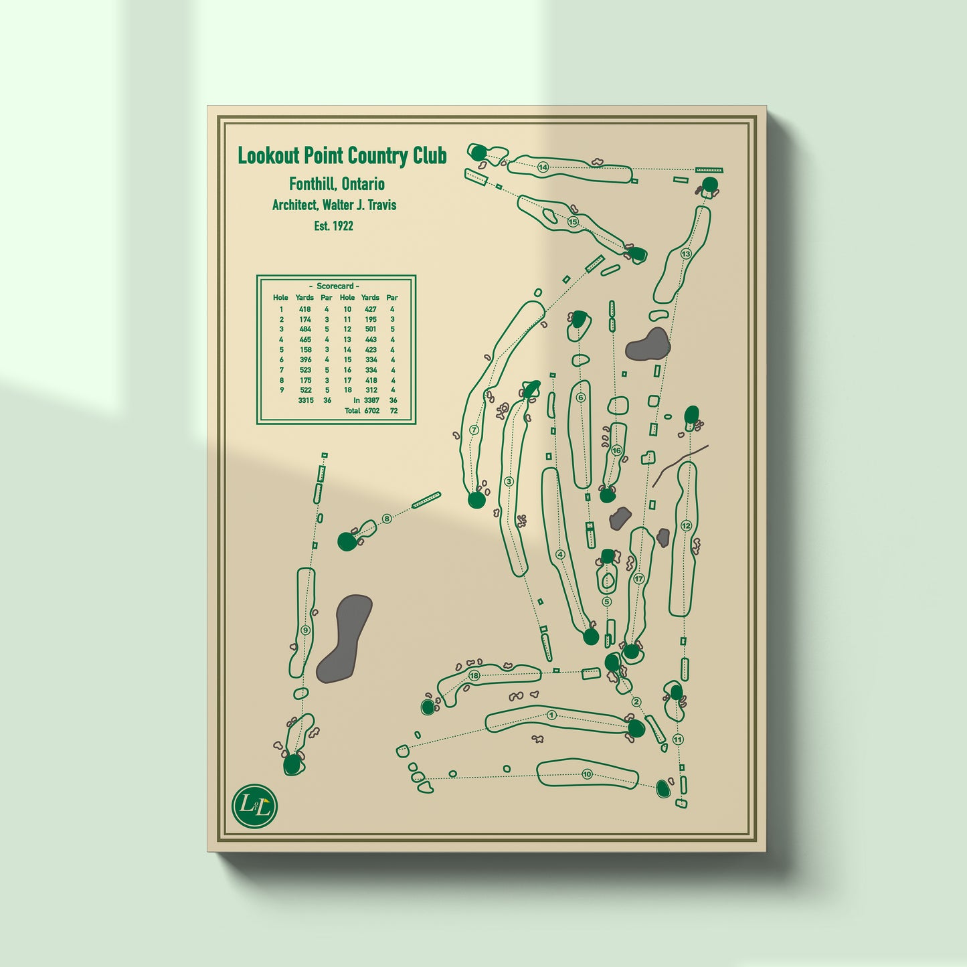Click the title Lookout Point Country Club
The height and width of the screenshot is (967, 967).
pos(342,156)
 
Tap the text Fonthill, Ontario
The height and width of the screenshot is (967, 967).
pos(337,184)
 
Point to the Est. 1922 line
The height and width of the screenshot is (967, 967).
pos(334,226)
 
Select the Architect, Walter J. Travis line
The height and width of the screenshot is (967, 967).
pos(334,205)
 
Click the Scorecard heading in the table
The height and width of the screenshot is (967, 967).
pos(335,286)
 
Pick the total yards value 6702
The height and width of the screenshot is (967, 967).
pos(372,410)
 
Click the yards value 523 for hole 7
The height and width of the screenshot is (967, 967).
pos(305,370)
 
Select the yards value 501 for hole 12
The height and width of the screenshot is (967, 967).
pos(370,329)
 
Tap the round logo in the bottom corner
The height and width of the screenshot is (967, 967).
pos(254,806)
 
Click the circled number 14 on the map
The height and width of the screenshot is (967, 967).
pos(543,167)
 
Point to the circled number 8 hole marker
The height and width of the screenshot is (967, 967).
pos(386,519)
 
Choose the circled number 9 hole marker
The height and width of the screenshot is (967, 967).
pos(306,631)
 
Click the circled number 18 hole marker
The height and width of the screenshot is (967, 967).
pos(474,675)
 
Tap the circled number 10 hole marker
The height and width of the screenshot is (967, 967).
pos(587,774)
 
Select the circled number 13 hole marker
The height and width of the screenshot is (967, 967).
pos(685,254)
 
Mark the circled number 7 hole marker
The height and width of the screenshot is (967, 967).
pos(474,430)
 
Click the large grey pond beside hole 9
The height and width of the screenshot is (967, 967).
pos(345,639)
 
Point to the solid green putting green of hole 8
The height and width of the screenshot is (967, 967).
pos(347,541)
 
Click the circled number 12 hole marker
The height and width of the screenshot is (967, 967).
pos(686,526)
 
